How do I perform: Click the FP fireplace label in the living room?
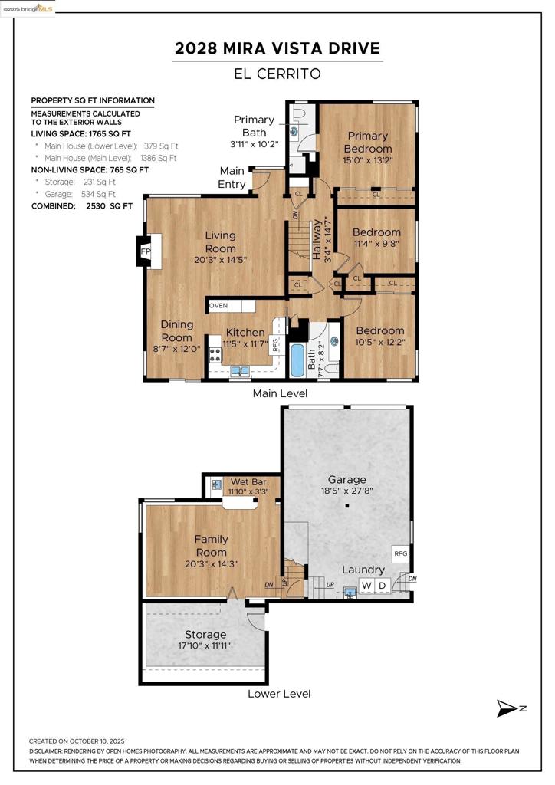point(145,251)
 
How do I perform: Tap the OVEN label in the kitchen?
point(218,305)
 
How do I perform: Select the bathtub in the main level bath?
point(297,360)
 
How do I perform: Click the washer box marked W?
point(367,585)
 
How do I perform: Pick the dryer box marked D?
point(383,585)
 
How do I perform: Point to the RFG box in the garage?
point(401,553)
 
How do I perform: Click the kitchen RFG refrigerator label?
point(274,345)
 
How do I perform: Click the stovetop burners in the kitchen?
point(215,355)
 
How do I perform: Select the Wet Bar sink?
point(216,484)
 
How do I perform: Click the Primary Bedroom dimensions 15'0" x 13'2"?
point(368,161)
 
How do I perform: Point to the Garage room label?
point(346,480)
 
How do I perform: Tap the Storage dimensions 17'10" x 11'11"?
point(204,645)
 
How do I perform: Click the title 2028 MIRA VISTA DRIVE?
point(277,48)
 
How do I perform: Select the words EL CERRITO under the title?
point(277,74)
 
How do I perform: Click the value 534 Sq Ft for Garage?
point(98,194)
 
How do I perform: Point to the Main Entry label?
point(232,178)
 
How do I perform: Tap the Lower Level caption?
point(279,694)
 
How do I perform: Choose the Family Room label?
point(211,546)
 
